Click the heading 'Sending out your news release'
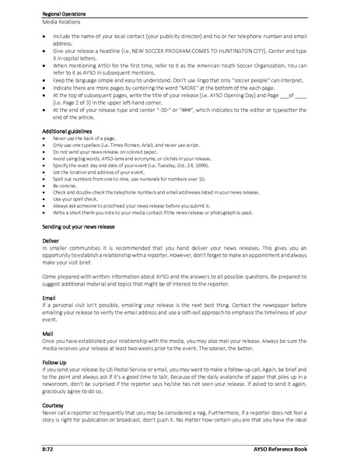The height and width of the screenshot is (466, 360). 82,224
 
